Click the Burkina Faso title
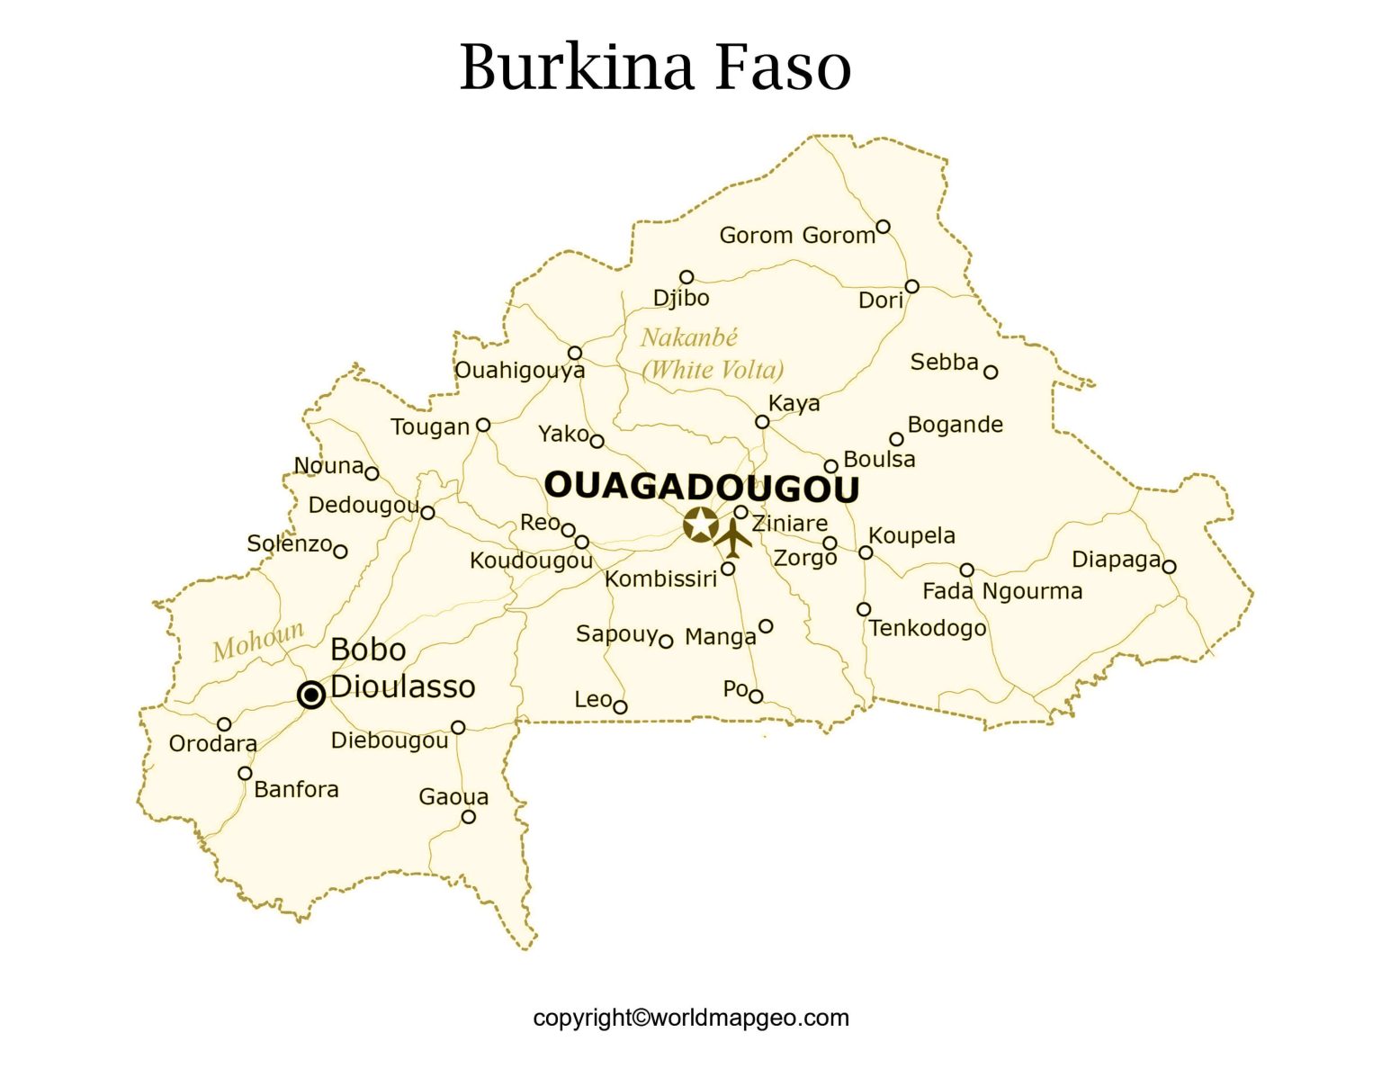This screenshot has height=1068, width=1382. pos(655,67)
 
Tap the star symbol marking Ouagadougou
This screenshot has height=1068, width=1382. pos(701,524)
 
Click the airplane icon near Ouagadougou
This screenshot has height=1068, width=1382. pos(734,538)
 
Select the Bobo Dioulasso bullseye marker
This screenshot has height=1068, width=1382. pos(311,695)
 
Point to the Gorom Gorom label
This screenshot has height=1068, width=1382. pos(796,236)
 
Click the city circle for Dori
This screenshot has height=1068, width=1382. pos(911,287)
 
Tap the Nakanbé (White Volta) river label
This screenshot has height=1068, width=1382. pos(711,354)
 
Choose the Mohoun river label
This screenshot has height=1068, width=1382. pos(258,640)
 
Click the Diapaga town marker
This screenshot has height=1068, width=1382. pos(1169,567)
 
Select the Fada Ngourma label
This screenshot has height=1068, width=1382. pos(1002,591)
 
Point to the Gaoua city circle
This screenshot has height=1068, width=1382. pos(469,817)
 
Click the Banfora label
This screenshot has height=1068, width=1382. pos(296,789)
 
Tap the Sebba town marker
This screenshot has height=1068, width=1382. pos(991,372)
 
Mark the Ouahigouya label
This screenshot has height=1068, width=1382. pos(519,370)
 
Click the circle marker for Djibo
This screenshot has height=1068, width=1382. pos(687,277)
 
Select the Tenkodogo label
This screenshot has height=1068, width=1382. pos(928,628)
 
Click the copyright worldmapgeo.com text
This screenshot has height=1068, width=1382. pos(691,1018)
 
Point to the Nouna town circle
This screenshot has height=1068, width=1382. pos(372,473)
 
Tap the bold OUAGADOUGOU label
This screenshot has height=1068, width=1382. pos(702,487)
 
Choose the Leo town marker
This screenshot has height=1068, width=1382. pos(620,707)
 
